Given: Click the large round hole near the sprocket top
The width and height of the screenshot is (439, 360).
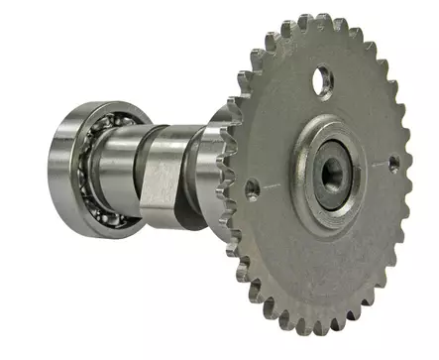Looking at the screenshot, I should point(322,80).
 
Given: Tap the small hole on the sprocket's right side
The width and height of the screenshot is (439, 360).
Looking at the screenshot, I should point(393,163).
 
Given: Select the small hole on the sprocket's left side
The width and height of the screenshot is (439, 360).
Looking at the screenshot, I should point(253,186).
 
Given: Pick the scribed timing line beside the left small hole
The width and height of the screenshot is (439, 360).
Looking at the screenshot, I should point(270,184).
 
